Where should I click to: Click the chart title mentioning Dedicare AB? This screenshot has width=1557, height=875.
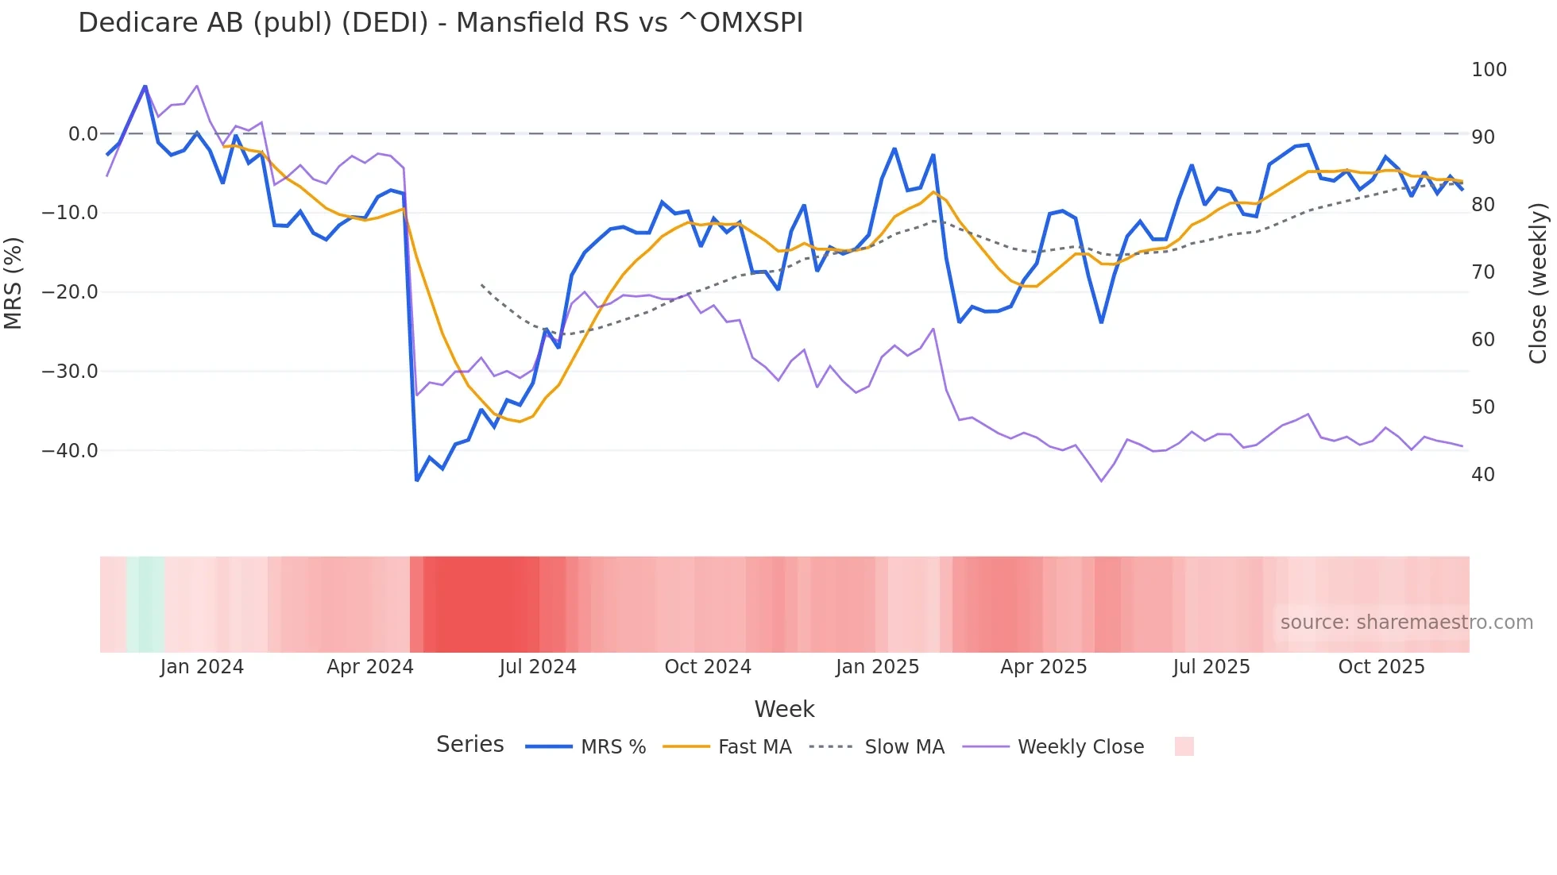[x=440, y=23]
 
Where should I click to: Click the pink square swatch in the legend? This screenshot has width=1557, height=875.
[x=1184, y=746]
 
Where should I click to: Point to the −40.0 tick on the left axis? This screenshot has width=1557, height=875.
[x=70, y=450]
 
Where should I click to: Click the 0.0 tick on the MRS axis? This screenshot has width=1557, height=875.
[x=83, y=134]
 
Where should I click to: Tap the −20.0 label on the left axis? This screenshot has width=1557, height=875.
[x=70, y=292]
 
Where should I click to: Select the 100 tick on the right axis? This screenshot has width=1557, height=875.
[x=1489, y=70]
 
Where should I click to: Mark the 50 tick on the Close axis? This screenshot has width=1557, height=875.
[x=1482, y=407]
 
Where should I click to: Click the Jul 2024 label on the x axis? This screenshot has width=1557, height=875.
[x=538, y=667]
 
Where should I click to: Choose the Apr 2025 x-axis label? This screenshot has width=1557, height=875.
[x=1043, y=667]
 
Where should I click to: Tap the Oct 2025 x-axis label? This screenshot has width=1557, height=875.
[x=1381, y=667]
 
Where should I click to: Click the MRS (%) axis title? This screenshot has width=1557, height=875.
[x=14, y=283]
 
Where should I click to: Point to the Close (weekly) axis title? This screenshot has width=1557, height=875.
[x=1538, y=283]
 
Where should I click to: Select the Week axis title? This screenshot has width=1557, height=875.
[x=784, y=709]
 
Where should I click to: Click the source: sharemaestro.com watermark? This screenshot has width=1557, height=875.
[x=1406, y=623]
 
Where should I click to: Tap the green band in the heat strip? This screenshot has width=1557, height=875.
[x=145, y=604]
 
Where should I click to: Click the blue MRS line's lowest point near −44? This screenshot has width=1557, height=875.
[x=417, y=480]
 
